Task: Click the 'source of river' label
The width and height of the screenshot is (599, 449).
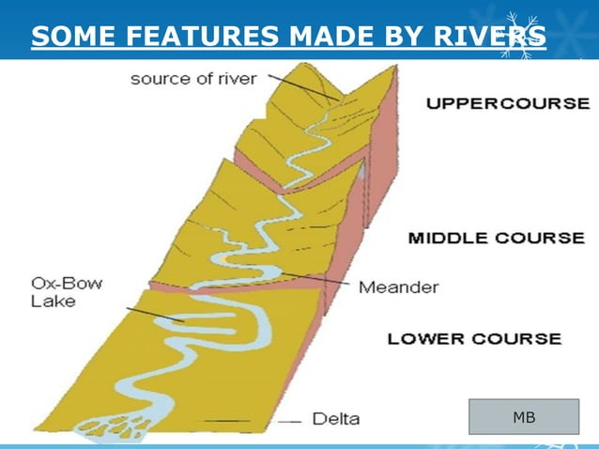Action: point(192,79)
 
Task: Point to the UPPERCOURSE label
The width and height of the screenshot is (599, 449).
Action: point(507,103)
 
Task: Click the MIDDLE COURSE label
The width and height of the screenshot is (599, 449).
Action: point(496,238)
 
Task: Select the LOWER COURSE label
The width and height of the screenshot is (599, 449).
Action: point(474,338)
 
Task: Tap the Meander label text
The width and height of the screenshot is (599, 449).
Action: point(398,286)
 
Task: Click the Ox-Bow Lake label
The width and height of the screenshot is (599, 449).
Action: point(65,291)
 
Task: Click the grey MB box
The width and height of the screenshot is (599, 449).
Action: point(524,416)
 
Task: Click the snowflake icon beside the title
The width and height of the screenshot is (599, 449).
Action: point(521,35)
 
